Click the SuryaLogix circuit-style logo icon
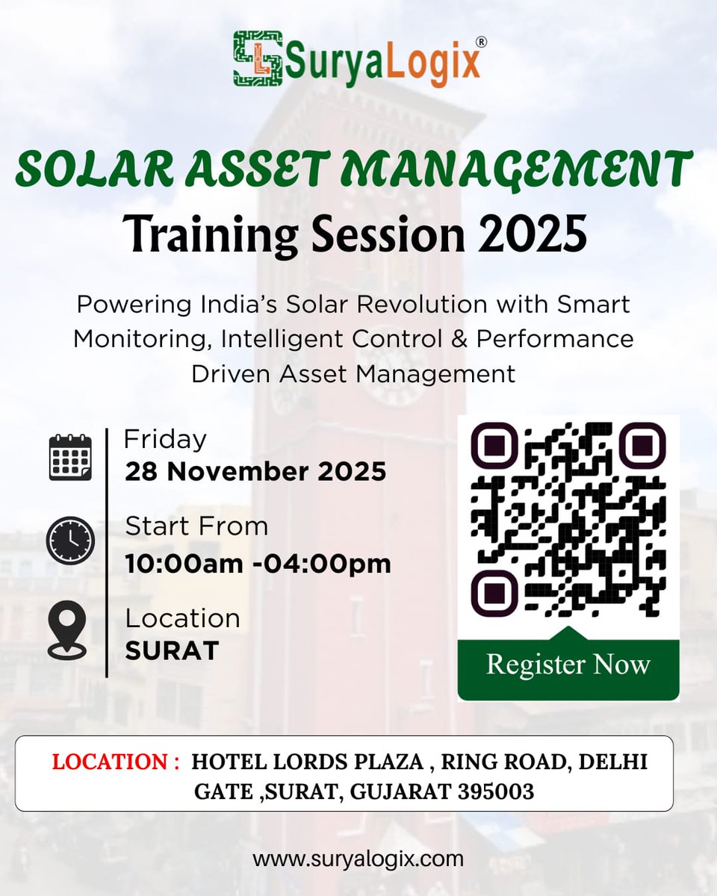click(x=258, y=58)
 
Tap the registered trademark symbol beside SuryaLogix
click(x=481, y=43)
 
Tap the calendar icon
click(x=70, y=457)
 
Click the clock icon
click(x=70, y=540)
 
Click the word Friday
click(x=165, y=439)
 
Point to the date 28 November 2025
click(x=255, y=471)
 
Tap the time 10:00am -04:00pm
click(x=258, y=564)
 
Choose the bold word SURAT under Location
click(x=171, y=651)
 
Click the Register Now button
click(x=568, y=665)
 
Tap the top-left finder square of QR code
click(x=493, y=445)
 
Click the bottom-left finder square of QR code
click(x=493, y=594)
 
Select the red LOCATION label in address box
click(x=115, y=762)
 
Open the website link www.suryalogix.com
click(x=358, y=859)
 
